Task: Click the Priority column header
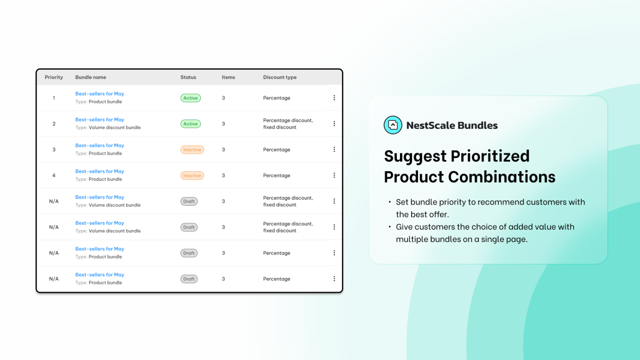54,77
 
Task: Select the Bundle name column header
90,77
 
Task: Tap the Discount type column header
280,77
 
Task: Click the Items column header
228,77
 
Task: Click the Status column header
188,77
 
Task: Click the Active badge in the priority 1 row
190,98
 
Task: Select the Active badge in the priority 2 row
190,124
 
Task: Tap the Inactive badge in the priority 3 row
192,150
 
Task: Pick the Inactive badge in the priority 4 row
192,176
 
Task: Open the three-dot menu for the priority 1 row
334,98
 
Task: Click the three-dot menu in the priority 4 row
334,175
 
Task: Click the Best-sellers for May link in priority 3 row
100,145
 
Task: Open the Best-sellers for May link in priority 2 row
100,120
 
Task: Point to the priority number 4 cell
54,175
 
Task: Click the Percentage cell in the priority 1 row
277,98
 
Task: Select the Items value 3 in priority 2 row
223,124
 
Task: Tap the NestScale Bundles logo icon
392,125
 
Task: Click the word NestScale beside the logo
431,125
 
